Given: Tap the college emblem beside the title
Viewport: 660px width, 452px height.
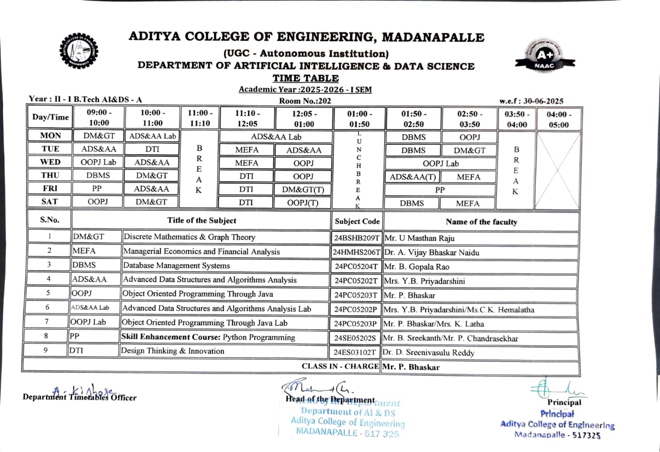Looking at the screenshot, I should [78, 51].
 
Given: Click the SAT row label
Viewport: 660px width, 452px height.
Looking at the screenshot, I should [50, 202].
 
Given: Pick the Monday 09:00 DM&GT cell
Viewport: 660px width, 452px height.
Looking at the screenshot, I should [98, 136].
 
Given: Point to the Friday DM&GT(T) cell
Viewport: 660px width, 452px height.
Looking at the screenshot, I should [303, 189].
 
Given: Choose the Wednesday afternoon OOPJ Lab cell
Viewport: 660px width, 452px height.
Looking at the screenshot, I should [440, 163].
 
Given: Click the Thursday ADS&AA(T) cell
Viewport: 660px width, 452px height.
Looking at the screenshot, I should [413, 177].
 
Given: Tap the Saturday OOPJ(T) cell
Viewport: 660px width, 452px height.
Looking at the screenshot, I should [303, 203].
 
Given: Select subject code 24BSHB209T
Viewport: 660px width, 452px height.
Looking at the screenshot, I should [356, 238].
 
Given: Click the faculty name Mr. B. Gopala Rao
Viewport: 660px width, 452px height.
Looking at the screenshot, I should [417, 266].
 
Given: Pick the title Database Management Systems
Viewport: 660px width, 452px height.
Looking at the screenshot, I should [176, 266].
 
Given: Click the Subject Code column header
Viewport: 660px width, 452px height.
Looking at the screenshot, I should [357, 221].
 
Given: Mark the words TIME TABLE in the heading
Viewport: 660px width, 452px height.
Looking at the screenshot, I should [306, 78].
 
